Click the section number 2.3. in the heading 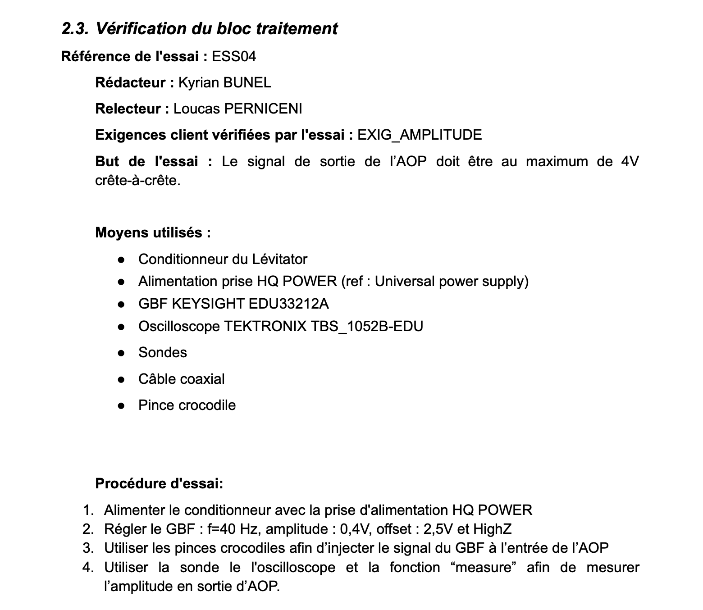pyautogui.click(x=75, y=28)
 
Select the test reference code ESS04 pyautogui.click(x=234, y=56)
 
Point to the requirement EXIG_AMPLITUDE pyautogui.click(x=420, y=135)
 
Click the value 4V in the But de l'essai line pyautogui.click(x=630, y=161)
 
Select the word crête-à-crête pyautogui.click(x=138, y=180)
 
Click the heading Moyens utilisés pyautogui.click(x=153, y=232)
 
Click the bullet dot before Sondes pyautogui.click(x=121, y=353)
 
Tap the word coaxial pyautogui.click(x=202, y=379)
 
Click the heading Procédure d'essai pyautogui.click(x=159, y=483)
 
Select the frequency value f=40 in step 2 pyautogui.click(x=222, y=529)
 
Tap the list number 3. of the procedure pyautogui.click(x=88, y=548)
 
